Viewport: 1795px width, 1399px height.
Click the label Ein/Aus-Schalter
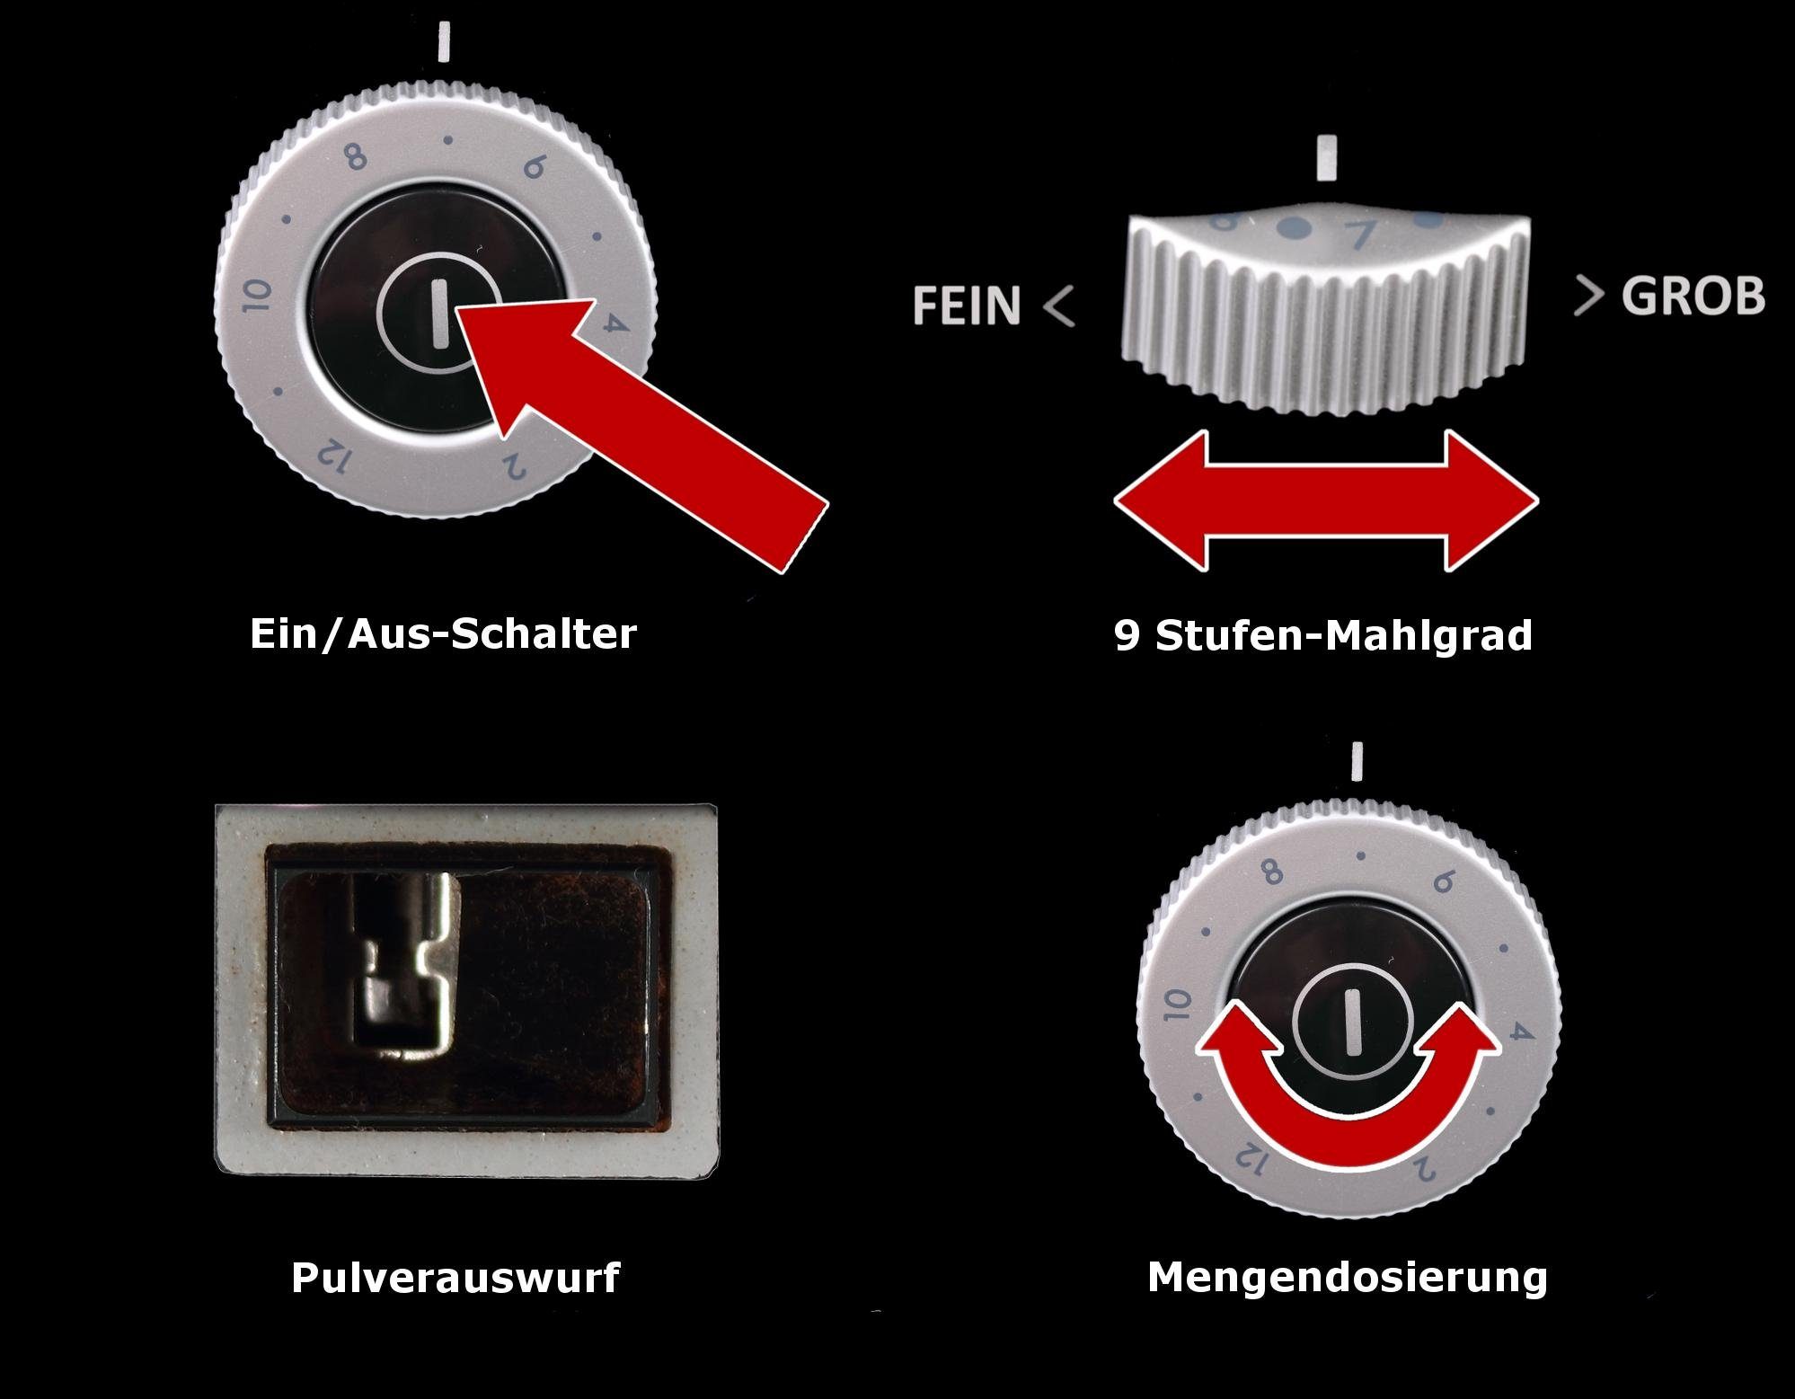[443, 633]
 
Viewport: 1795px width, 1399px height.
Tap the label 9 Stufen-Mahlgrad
[1322, 635]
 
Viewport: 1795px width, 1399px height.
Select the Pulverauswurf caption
[455, 1277]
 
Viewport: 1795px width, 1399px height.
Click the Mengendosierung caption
[1347, 1277]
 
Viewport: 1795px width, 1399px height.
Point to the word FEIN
[967, 305]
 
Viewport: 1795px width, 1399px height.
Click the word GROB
[1693, 297]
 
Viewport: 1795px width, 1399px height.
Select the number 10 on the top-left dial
[259, 296]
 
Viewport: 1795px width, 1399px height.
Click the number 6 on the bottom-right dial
[1443, 881]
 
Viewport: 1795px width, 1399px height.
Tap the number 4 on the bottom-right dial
[1518, 1033]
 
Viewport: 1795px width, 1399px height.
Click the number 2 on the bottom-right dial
[1423, 1168]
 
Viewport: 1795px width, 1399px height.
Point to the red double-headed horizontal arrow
[1325, 500]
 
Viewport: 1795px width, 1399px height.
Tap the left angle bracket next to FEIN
[1060, 306]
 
